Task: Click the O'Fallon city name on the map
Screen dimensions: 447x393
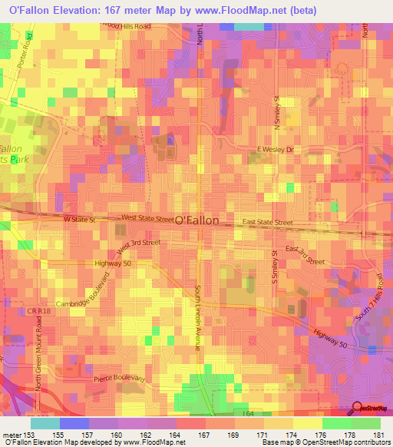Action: tap(197, 220)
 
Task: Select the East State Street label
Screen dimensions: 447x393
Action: tap(268, 223)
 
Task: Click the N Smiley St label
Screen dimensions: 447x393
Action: tap(276, 112)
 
